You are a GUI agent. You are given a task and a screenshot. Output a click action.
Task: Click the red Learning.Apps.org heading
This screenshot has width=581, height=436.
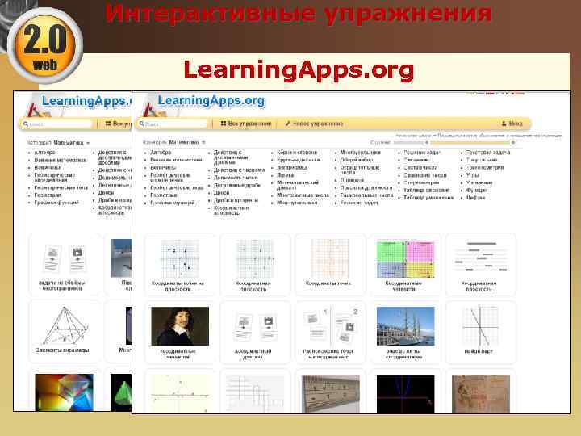(298, 70)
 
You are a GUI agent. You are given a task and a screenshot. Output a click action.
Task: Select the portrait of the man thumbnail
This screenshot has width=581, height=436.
(179, 326)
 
